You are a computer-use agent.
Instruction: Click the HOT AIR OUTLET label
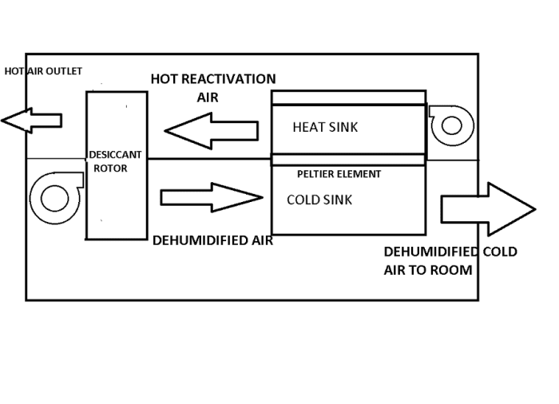[43, 71]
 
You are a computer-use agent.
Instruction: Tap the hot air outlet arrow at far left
[32, 121]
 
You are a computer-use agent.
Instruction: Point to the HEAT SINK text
[325, 127]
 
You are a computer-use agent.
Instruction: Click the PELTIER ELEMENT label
[339, 173]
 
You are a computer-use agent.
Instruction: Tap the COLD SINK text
[319, 200]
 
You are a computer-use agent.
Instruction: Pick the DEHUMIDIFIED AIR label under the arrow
[212, 240]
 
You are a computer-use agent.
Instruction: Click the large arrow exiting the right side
[486, 209]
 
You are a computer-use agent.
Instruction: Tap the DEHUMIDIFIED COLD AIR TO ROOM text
[450, 260]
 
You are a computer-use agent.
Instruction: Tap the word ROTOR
[111, 168]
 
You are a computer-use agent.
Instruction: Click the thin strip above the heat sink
[348, 97]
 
